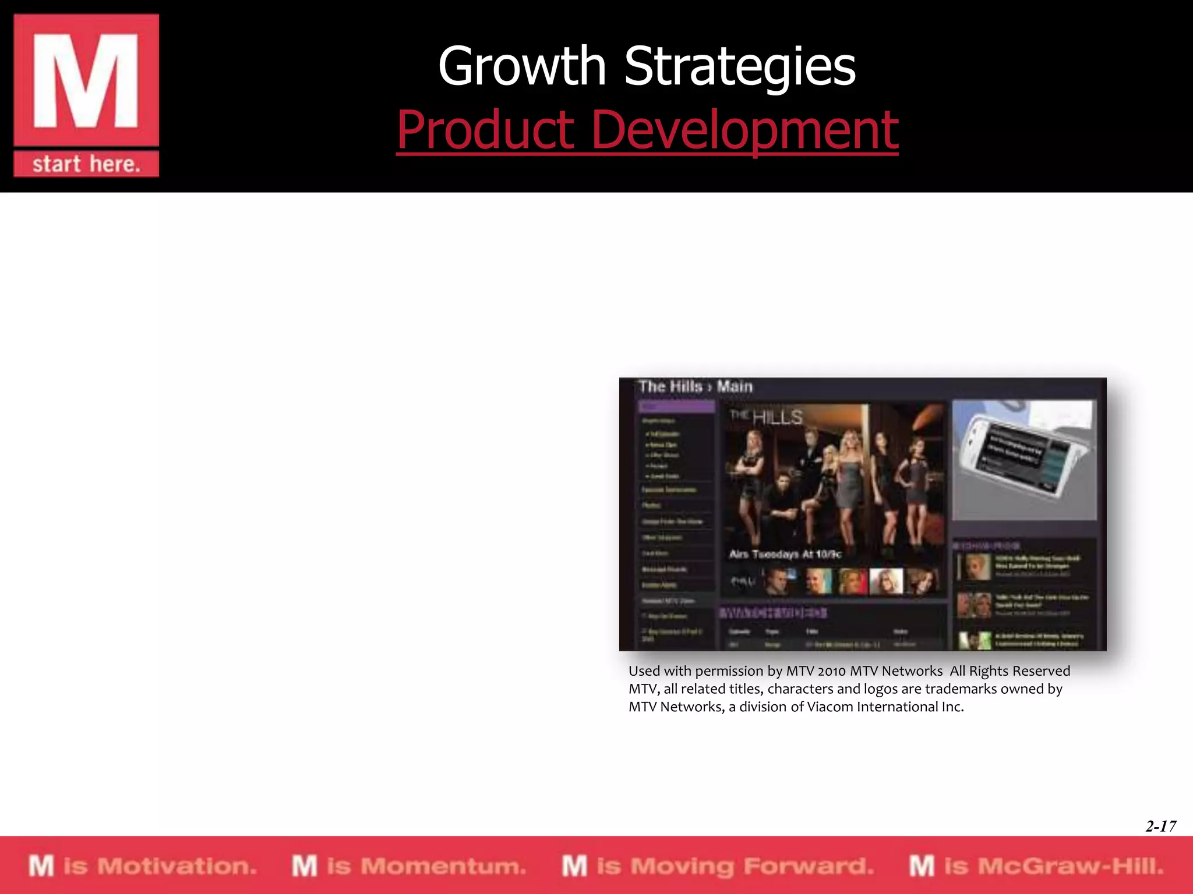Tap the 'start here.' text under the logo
pos(86,164)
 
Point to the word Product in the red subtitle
pos(486,129)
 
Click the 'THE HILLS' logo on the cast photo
pos(767,417)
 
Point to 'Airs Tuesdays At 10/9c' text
pos(785,554)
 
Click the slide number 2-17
pos(1160,826)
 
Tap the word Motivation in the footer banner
pos(177,866)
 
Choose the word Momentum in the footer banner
pos(443,866)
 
